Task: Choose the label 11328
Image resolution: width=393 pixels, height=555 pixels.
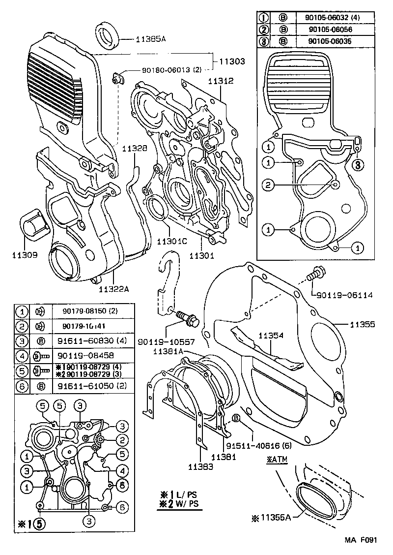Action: [x=134, y=148]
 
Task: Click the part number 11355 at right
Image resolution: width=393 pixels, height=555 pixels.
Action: [x=363, y=324]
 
